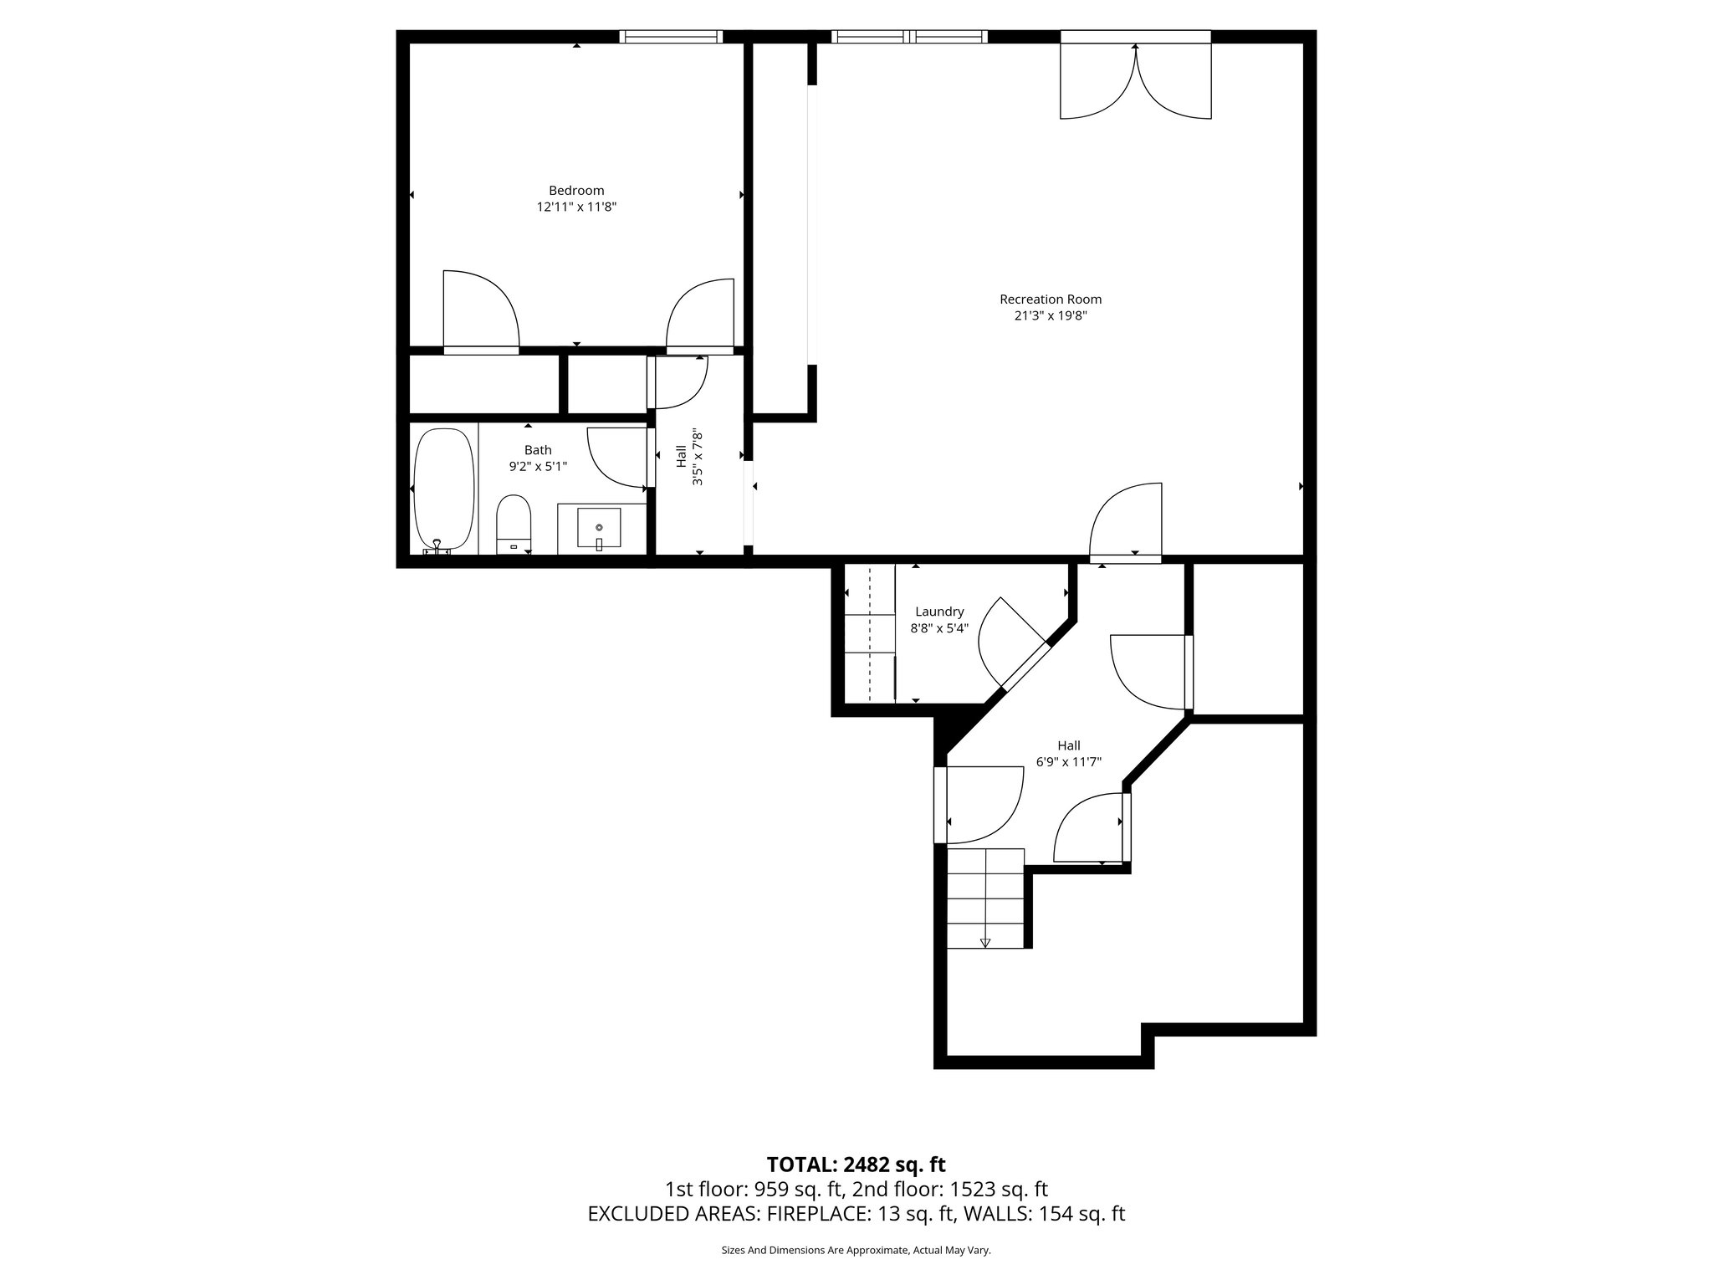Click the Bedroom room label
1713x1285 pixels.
tap(576, 191)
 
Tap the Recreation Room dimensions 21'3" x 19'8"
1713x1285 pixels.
tap(1051, 316)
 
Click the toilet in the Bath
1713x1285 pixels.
tap(514, 524)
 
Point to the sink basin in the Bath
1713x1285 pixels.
tap(599, 528)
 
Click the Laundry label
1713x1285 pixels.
tap(939, 612)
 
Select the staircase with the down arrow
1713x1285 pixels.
tap(985, 898)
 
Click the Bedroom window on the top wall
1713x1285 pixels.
tap(670, 36)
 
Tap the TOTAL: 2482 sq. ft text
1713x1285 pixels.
tap(856, 1165)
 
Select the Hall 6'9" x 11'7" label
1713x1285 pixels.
tap(1068, 754)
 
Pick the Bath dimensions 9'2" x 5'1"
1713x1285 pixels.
tap(538, 467)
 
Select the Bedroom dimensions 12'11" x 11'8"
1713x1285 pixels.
tap(576, 207)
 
